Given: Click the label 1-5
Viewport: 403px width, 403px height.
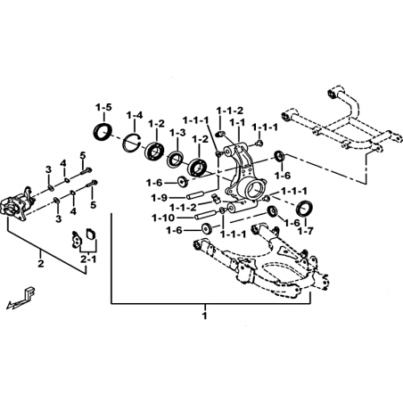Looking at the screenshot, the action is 103,107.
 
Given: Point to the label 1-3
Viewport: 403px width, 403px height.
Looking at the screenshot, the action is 177,133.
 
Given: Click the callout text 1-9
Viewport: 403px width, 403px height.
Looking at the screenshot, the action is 160,197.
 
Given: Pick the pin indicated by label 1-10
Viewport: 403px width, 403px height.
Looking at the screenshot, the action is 205,215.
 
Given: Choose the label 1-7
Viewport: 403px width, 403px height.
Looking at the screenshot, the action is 306,231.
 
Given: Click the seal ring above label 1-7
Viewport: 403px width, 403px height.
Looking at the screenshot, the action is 305,208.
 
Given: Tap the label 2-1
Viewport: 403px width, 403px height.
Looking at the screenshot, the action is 88,259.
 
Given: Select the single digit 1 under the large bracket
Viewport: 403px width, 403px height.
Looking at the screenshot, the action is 204,316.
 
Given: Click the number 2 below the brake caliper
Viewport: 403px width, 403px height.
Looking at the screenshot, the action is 41,263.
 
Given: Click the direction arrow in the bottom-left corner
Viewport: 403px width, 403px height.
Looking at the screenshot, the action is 21,299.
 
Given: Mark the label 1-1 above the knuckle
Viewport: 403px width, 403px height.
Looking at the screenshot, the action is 237,122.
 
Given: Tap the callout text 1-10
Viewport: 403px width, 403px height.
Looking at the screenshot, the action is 163,218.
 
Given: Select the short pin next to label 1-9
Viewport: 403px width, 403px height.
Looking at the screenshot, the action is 195,196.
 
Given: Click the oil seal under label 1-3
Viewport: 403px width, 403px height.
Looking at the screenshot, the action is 176,159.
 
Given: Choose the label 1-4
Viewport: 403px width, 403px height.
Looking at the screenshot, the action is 135,115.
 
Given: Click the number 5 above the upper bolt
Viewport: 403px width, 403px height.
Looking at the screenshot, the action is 83,155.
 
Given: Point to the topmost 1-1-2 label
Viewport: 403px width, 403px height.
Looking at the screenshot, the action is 230,111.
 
